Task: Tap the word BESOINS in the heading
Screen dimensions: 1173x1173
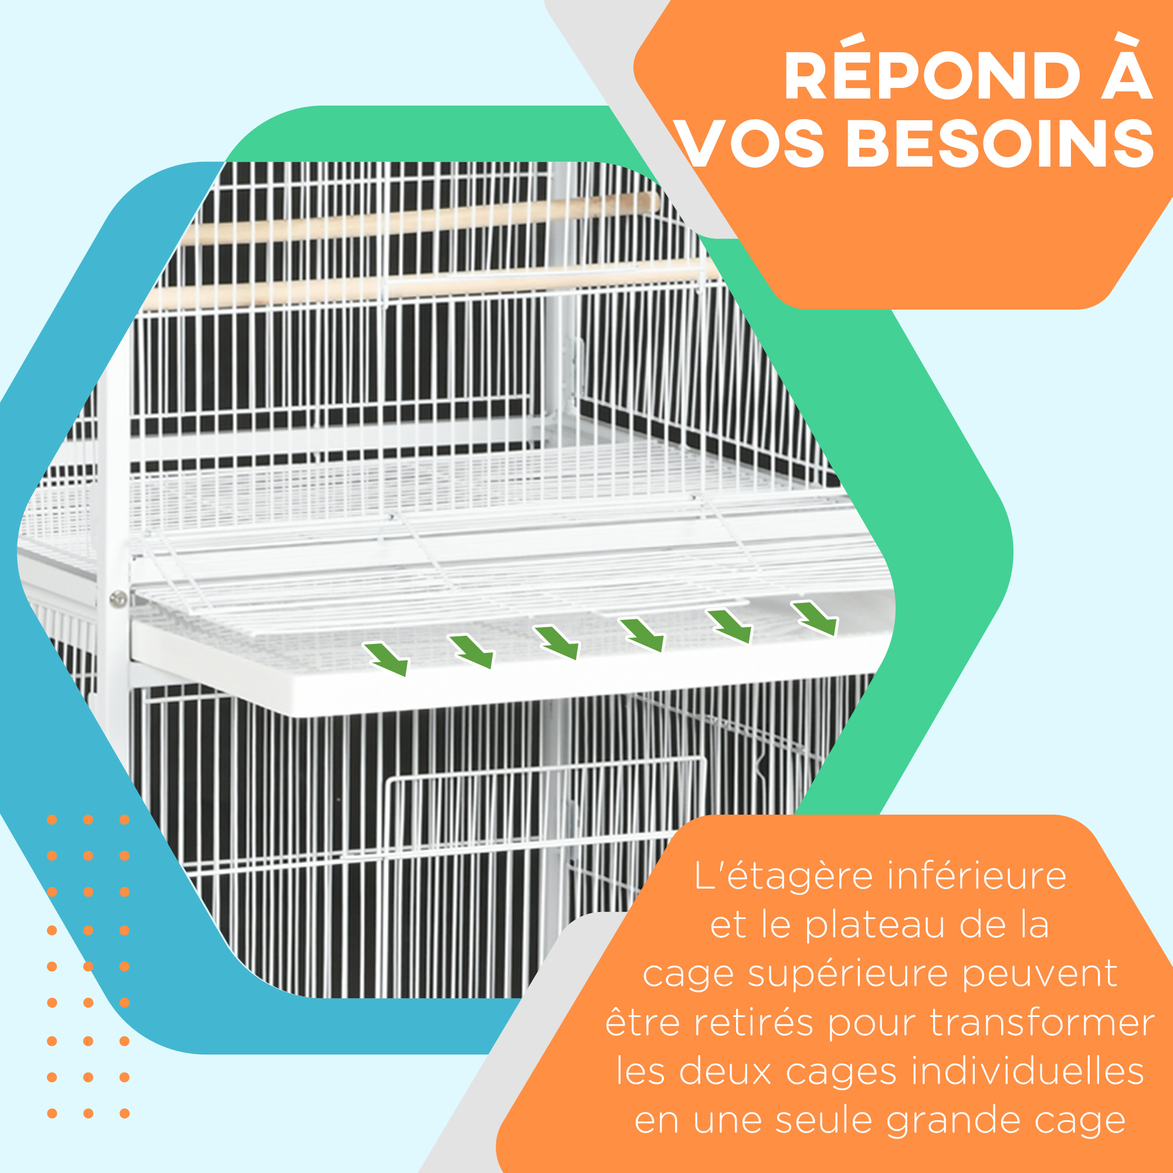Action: click(x=1000, y=144)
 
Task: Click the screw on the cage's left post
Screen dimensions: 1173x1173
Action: click(x=118, y=599)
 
